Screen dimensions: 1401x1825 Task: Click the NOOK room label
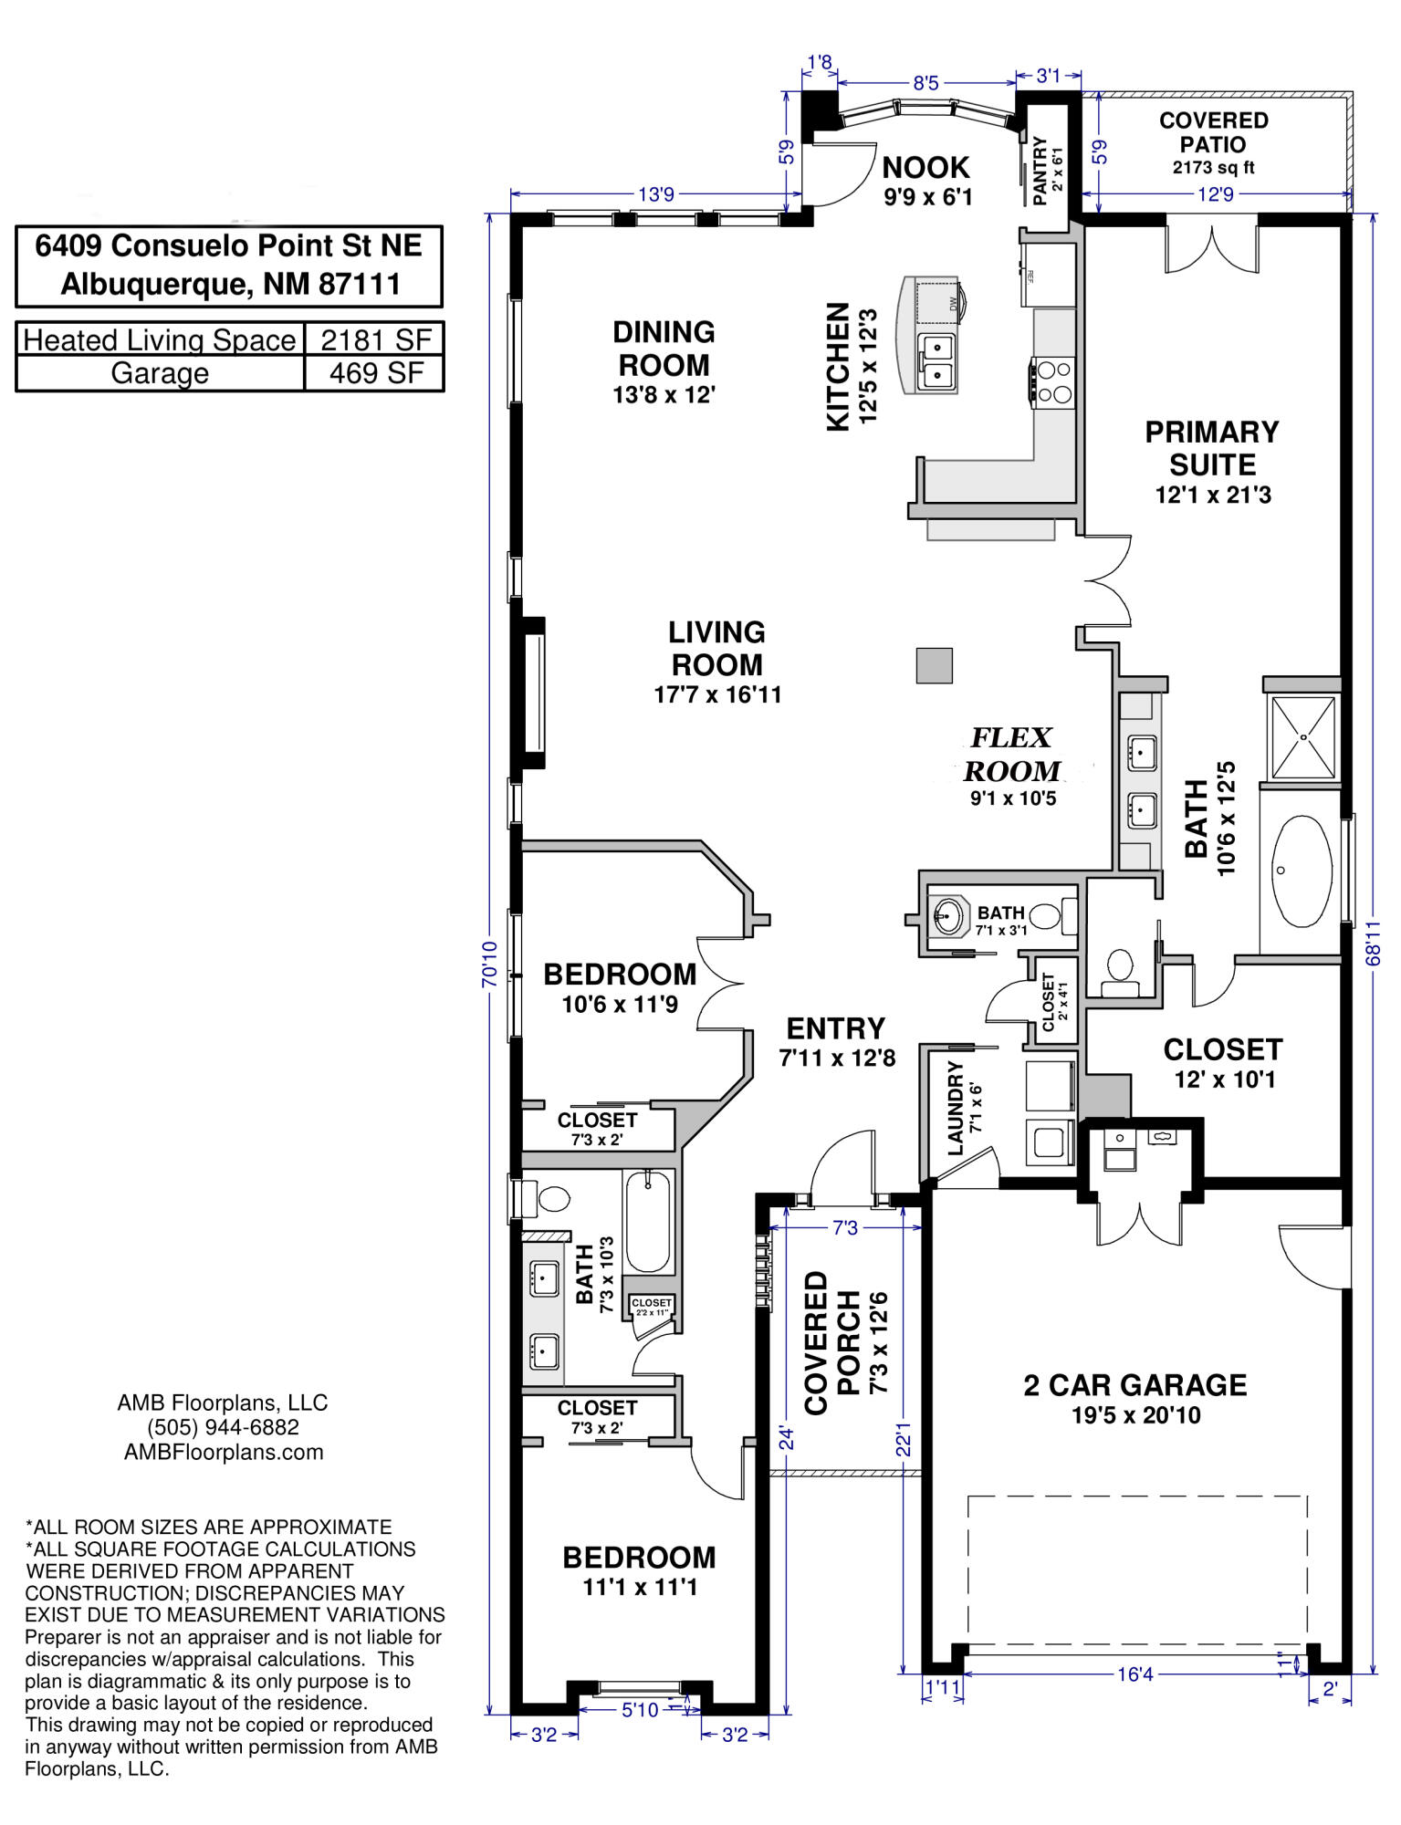[925, 168]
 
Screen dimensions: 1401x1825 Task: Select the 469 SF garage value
[376, 373]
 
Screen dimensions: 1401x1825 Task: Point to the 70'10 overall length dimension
[490, 964]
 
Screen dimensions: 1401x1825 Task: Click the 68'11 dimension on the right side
[1374, 942]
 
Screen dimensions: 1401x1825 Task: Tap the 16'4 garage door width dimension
[1135, 1674]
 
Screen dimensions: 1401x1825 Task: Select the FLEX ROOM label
[1011, 754]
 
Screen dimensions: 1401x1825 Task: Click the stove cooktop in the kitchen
[1054, 382]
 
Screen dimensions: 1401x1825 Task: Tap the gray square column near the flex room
[935, 665]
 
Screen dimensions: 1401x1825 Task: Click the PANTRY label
[1040, 171]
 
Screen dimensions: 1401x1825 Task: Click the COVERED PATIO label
[1213, 132]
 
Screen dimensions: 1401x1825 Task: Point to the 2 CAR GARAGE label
[1135, 1385]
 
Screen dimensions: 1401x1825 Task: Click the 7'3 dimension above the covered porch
[845, 1228]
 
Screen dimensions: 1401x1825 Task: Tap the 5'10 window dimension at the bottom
[640, 1710]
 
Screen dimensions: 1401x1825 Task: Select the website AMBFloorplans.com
[224, 1452]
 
